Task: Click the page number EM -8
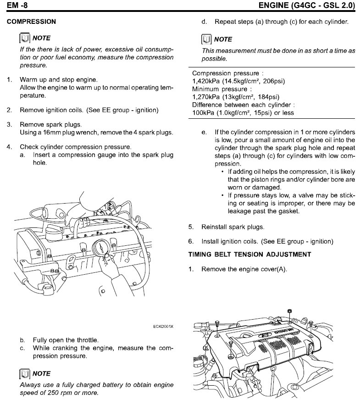tap(16, 6)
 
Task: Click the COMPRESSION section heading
tap(31, 22)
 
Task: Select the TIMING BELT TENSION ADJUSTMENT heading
tap(249, 255)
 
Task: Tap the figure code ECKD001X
tap(163, 327)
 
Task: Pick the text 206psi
tap(274, 81)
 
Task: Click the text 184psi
tap(269, 97)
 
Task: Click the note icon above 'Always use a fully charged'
tap(24, 374)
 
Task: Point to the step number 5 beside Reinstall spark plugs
tap(191, 227)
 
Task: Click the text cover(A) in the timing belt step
tap(274, 269)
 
